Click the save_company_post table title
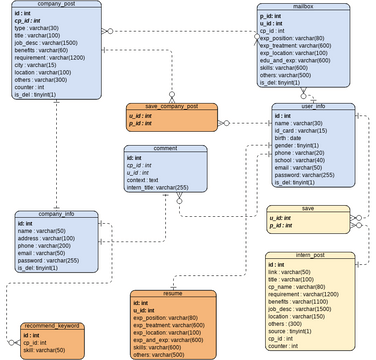coord(171,106)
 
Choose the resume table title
coord(173,293)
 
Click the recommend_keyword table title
coord(51,326)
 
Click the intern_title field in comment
coord(162,187)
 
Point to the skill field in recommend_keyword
coord(45,352)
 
